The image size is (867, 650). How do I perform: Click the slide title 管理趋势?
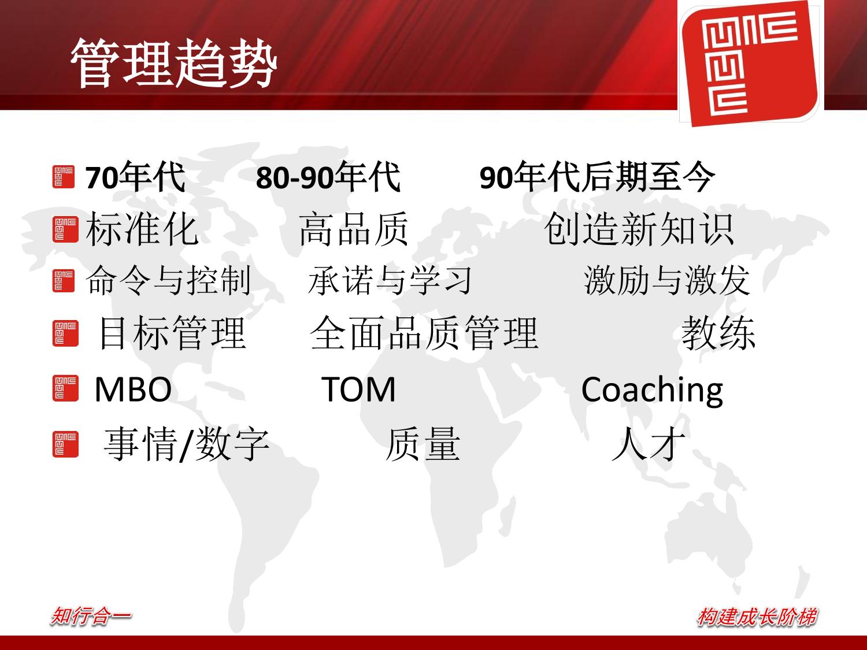click(x=174, y=63)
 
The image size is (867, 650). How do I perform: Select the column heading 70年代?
click(x=135, y=177)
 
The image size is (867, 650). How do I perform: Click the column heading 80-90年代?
click(x=328, y=177)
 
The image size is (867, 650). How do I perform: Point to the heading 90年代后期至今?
click(x=597, y=177)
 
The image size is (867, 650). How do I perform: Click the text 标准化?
click(x=142, y=229)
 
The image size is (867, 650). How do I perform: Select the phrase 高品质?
click(x=354, y=229)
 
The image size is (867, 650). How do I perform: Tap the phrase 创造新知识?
click(x=639, y=229)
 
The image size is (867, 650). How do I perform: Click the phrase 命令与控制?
click(x=169, y=280)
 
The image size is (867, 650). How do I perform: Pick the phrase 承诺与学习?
click(x=390, y=280)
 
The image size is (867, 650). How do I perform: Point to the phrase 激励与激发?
click(x=667, y=280)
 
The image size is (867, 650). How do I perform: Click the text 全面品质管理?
click(x=424, y=333)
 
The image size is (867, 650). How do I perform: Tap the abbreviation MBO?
click(x=133, y=389)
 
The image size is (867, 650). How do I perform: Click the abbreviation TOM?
click(x=358, y=389)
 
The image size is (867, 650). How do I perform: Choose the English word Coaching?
click(x=652, y=391)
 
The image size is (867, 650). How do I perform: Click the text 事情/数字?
click(x=187, y=444)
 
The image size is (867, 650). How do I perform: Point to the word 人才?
click(x=649, y=444)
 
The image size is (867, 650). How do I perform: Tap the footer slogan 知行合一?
click(x=91, y=616)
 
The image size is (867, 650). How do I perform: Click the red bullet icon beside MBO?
click(x=65, y=388)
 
